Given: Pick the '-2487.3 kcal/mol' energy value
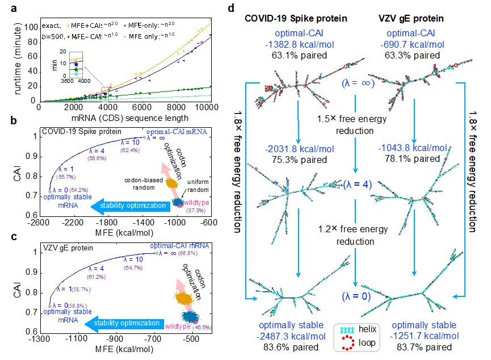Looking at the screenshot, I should tap(292, 336).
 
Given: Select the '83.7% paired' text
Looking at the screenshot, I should tap(423, 347).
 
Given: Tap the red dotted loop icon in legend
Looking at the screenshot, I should tap(345, 342).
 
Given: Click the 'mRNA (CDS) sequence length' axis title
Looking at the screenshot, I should tap(124, 118).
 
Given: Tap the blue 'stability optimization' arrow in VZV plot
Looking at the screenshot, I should tap(122, 324).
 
